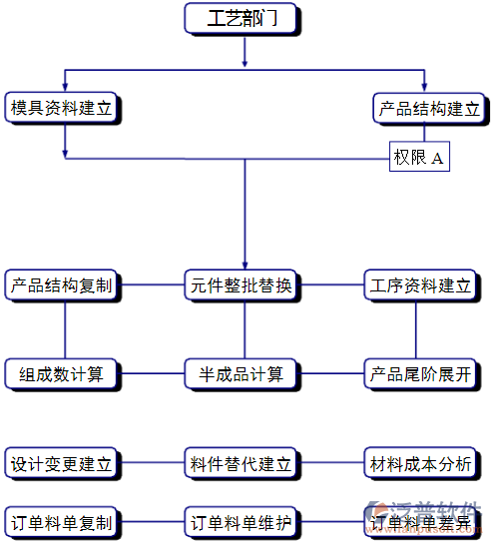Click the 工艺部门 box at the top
tap(243, 19)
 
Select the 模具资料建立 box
tap(61, 108)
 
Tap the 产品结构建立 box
tap(429, 108)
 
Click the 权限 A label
tap(419, 158)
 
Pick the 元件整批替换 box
tap(243, 285)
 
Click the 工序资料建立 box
tap(420, 285)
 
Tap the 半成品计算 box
tap(243, 374)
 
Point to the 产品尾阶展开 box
tap(420, 374)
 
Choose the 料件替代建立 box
tap(243, 464)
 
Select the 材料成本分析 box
tap(420, 464)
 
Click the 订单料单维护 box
tap(243, 522)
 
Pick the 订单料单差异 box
tap(420, 522)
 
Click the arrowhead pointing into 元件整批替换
tap(244, 264)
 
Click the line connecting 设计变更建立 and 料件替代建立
tap(152, 464)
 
